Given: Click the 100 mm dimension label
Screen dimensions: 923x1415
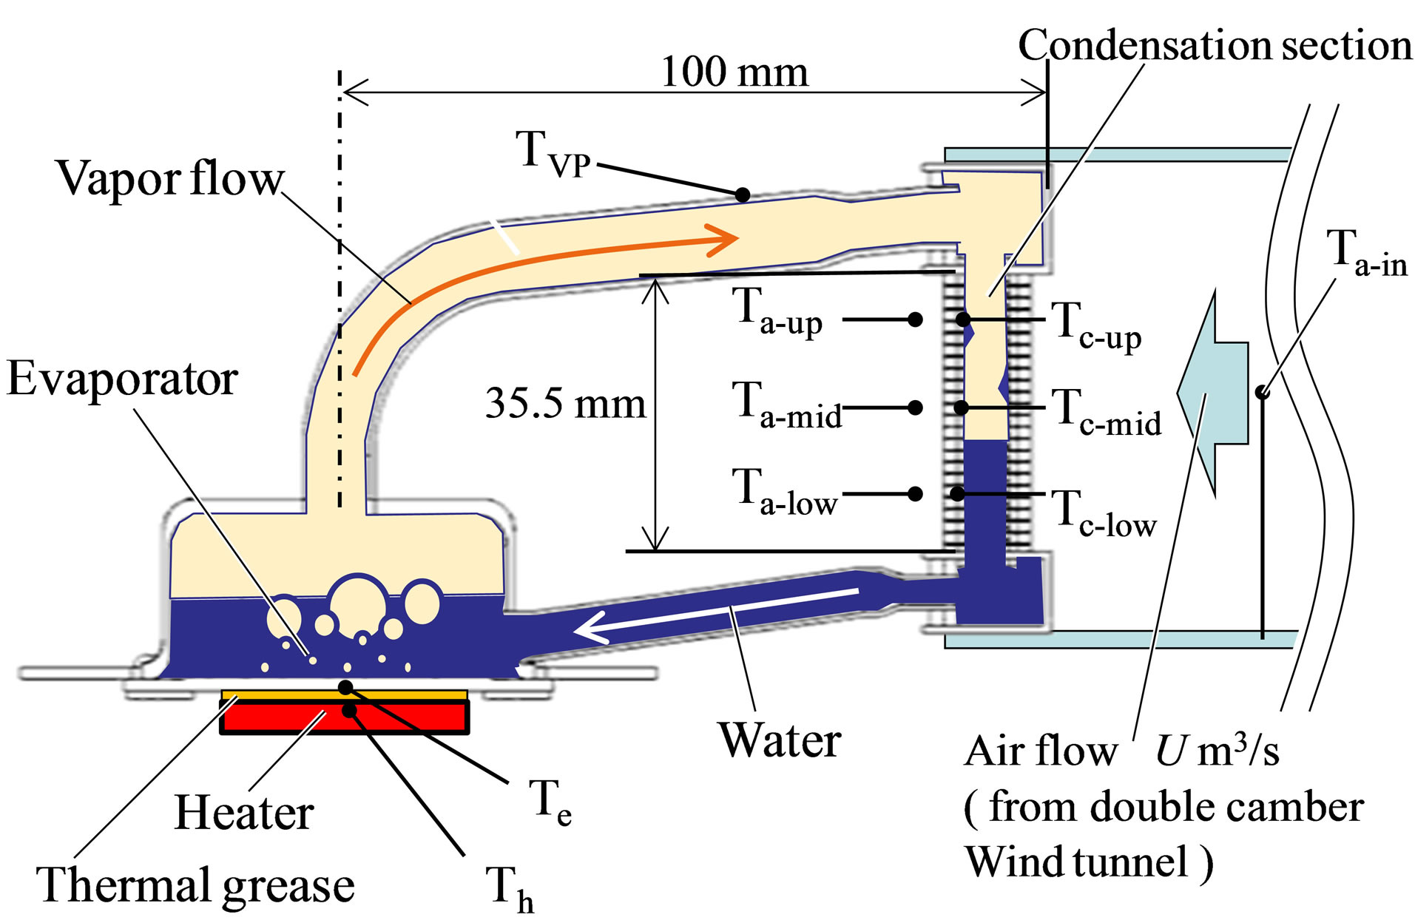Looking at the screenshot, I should pyautogui.click(x=734, y=72).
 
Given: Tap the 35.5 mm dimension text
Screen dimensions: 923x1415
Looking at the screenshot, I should pyautogui.click(x=565, y=404).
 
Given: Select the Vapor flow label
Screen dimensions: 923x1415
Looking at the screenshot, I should pyautogui.click(x=169, y=178).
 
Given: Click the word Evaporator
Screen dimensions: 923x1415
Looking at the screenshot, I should pyautogui.click(x=122, y=379).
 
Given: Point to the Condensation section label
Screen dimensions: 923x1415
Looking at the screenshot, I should pyautogui.click(x=1215, y=45).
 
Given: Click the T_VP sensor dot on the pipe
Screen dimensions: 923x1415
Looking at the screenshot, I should pyautogui.click(x=743, y=195).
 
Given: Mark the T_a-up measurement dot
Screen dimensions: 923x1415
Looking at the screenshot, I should pyautogui.click(x=915, y=319).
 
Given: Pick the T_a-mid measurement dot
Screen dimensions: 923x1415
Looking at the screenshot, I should pyautogui.click(x=915, y=408).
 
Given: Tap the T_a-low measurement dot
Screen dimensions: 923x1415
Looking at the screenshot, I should pyautogui.click(x=915, y=493).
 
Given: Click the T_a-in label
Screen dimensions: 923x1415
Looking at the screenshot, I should pyautogui.click(x=1365, y=253).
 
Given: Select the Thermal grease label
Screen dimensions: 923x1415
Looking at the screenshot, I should pyautogui.click(x=195, y=885).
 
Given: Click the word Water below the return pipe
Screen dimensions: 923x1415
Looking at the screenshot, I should pyautogui.click(x=780, y=740).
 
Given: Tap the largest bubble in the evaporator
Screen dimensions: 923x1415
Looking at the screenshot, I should pyautogui.click(x=358, y=601).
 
